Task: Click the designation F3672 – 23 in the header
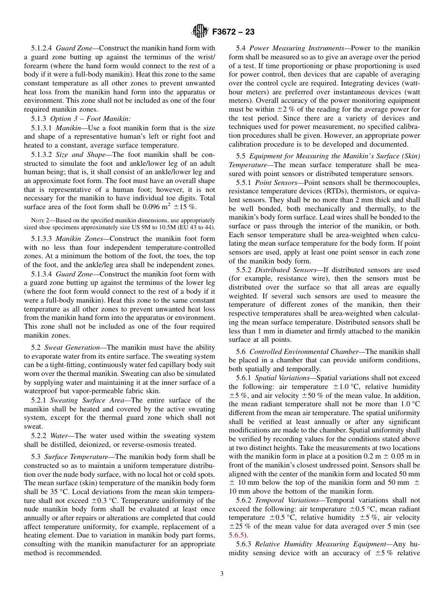point(233,32)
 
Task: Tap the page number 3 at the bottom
point(222,574)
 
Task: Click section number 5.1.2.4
point(43,48)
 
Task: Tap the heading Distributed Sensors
point(285,270)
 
